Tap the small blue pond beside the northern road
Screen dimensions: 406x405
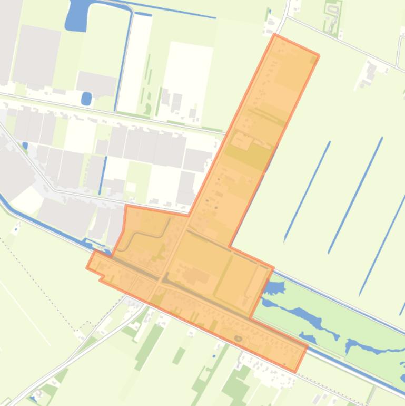[x=86, y=98]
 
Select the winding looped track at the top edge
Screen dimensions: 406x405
[x=333, y=18]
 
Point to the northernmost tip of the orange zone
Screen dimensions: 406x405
[x=274, y=35]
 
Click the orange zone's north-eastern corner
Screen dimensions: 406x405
[x=318, y=55]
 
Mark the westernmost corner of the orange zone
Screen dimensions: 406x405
[x=87, y=267]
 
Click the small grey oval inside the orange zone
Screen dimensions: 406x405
[x=238, y=338]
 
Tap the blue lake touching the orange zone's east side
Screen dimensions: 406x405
[x=273, y=288]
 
